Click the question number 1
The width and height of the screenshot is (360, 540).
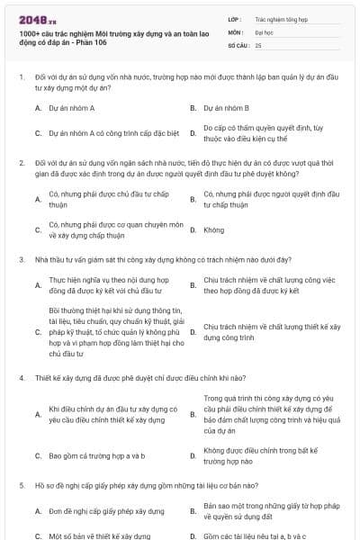click(20, 78)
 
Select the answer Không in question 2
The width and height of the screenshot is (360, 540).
click(213, 229)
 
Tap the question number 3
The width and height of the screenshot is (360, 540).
click(20, 259)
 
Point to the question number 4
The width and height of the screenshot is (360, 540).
click(20, 379)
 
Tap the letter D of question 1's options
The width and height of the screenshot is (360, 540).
click(193, 133)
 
